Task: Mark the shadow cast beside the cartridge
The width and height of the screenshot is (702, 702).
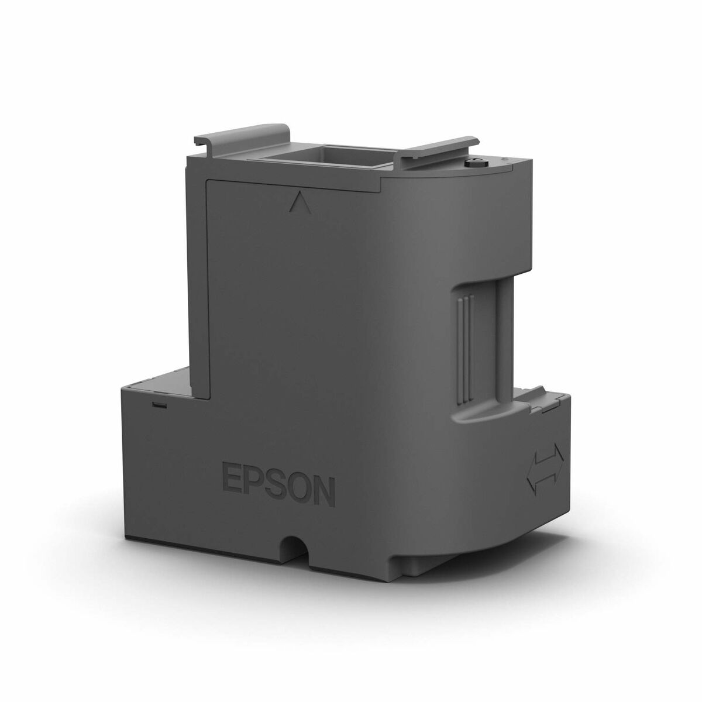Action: tap(585, 562)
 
